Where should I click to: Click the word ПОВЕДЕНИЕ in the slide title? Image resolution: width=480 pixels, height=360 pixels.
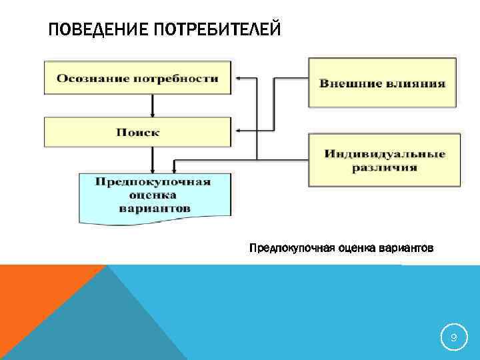[x=91, y=31]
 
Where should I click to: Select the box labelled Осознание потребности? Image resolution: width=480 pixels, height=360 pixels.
[x=137, y=79]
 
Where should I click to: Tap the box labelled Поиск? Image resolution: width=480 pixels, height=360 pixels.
[x=137, y=133]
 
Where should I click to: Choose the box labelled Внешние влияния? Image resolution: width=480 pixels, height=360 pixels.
[x=383, y=83]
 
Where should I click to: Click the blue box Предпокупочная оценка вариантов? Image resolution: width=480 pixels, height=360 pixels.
[x=155, y=195]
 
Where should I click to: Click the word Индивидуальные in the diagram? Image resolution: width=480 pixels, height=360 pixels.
[x=385, y=154]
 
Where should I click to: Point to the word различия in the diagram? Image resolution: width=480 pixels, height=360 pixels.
[x=385, y=167]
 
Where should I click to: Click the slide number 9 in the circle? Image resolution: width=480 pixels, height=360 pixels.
[x=453, y=339]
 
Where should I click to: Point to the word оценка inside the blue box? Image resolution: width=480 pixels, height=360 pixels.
[x=154, y=195]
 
